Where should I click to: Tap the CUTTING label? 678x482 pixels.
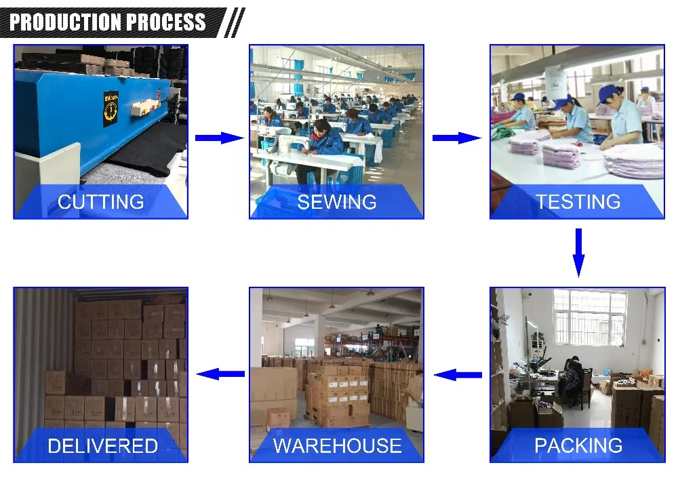100,201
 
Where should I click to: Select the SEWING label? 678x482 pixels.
336,201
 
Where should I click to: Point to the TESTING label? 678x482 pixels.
578,201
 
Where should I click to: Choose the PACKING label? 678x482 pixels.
578,445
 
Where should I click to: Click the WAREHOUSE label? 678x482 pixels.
337,445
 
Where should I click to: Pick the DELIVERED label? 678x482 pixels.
102,445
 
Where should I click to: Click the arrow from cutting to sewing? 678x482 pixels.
218,138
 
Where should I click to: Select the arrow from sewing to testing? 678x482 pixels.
456,138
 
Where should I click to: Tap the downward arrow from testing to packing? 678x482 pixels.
578,252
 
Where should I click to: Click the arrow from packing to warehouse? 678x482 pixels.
458,374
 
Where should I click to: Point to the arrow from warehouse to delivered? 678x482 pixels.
220,374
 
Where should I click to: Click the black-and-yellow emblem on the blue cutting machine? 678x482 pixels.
111,108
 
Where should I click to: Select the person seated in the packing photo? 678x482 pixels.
574,380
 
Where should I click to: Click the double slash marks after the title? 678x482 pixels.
234,22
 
